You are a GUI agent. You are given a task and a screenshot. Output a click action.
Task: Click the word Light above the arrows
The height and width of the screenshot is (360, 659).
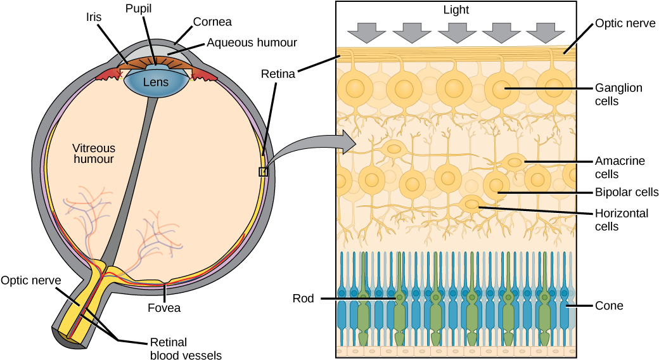pyautogui.click(x=456, y=10)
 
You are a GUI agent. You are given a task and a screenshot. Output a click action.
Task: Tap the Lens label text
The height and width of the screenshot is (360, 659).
pyautogui.click(x=156, y=82)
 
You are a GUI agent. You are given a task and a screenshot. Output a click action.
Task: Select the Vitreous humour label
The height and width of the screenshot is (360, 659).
pyautogui.click(x=94, y=153)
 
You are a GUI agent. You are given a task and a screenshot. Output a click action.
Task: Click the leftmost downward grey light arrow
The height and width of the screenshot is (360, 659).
pyautogui.click(x=367, y=32)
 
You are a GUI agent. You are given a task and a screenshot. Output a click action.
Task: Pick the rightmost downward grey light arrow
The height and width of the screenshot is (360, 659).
pyautogui.click(x=545, y=32)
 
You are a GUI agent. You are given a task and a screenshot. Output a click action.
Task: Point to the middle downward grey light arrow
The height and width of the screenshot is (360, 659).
pyautogui.click(x=456, y=32)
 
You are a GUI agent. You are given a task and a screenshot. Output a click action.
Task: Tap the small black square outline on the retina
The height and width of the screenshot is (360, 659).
pyautogui.click(x=263, y=172)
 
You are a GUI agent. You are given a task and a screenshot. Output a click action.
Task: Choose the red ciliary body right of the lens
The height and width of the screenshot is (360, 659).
pyautogui.click(x=204, y=74)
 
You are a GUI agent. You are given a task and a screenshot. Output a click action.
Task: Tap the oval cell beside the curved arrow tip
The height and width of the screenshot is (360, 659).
pyautogui.click(x=394, y=150)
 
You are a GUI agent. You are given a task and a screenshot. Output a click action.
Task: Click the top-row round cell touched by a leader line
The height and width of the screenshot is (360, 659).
pyautogui.click(x=502, y=89)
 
